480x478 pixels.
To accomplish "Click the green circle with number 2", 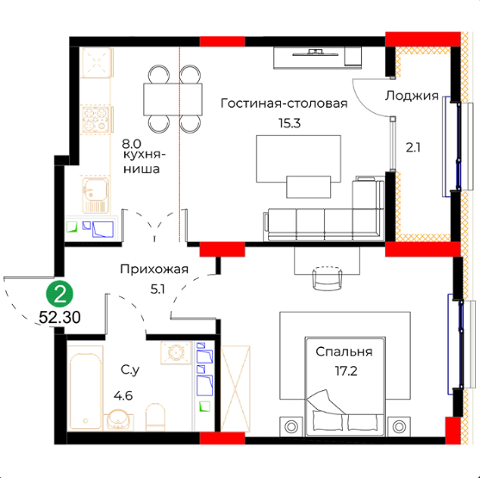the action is point(59,294).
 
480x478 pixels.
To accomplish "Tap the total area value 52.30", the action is point(60,317).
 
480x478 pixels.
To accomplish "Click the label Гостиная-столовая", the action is point(284,103).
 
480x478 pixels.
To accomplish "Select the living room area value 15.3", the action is point(290,123).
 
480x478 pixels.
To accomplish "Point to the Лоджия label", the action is point(411,96).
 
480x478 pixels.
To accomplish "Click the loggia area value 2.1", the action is point(413,148).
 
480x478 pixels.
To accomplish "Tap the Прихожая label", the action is point(154,269).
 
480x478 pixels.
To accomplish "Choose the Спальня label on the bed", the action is point(344,352).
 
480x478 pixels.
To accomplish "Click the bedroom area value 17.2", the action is point(346,371).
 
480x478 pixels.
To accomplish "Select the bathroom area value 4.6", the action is point(123,395).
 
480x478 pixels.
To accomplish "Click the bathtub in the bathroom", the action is point(85,388).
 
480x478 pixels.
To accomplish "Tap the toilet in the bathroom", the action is point(155,417).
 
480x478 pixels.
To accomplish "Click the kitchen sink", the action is point(95,195).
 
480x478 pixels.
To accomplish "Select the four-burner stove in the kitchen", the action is point(95,120).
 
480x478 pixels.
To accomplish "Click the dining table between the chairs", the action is point(172,99).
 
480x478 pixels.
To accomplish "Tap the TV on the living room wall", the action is point(315,53).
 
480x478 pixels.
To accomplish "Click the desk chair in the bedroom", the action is point(327,278).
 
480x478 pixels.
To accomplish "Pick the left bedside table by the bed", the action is point(291,426).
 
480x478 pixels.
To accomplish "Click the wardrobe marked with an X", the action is point(235,388).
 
